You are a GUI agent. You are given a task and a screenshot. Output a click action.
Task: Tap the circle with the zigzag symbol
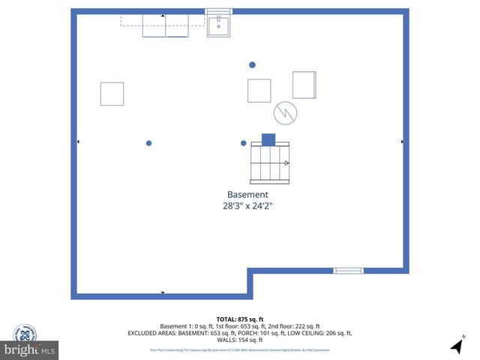click(285, 113)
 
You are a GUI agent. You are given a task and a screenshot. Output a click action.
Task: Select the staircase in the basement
click(271, 163)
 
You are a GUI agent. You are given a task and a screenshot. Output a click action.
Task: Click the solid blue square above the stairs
click(268, 139)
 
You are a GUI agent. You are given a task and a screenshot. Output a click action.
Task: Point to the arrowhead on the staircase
click(286, 163)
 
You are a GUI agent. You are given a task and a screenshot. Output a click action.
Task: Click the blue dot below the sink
click(252, 65)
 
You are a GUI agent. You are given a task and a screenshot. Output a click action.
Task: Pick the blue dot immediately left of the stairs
click(243, 143)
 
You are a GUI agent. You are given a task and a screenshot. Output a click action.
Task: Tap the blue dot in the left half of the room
click(149, 143)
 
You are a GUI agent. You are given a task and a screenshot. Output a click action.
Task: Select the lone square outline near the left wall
click(112, 94)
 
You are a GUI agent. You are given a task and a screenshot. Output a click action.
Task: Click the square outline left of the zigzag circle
click(259, 90)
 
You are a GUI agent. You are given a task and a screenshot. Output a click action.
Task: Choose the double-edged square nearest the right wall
click(304, 85)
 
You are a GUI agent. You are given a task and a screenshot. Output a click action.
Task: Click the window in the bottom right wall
click(348, 271)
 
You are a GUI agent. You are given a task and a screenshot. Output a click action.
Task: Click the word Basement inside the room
click(247, 194)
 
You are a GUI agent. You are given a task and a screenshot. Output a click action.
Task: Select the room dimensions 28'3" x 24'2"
click(247, 205)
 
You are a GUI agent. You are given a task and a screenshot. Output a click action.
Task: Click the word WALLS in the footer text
click(226, 339)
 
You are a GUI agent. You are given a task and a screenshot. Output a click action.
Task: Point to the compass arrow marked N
click(457, 346)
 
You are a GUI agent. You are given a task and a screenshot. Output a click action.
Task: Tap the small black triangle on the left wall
click(78, 142)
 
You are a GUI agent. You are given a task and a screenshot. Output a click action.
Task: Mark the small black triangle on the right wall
click(403, 142)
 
